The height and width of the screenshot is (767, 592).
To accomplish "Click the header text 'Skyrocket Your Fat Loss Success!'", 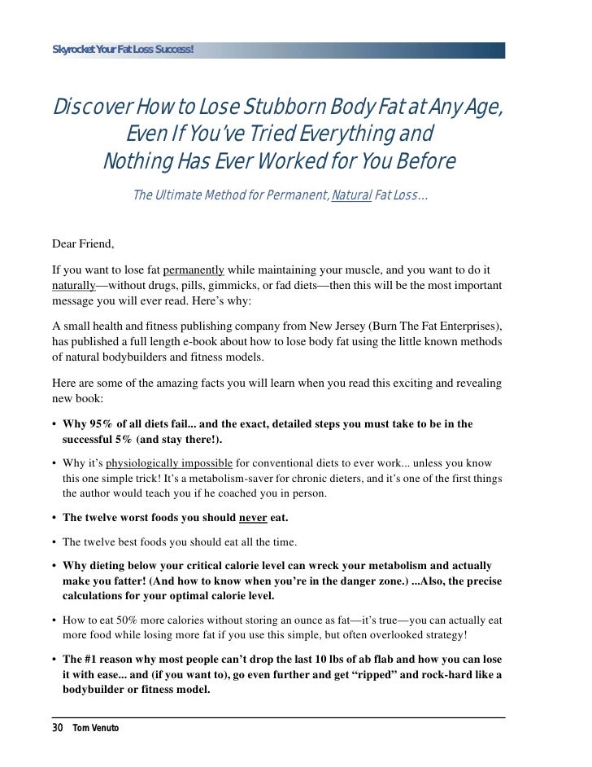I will click(x=123, y=50).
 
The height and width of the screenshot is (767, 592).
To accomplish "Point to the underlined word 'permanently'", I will click(x=194, y=270).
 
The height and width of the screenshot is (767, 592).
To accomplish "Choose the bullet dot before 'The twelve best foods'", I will click(x=54, y=541).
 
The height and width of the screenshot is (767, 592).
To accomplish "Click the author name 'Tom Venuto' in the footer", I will click(x=95, y=727).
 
